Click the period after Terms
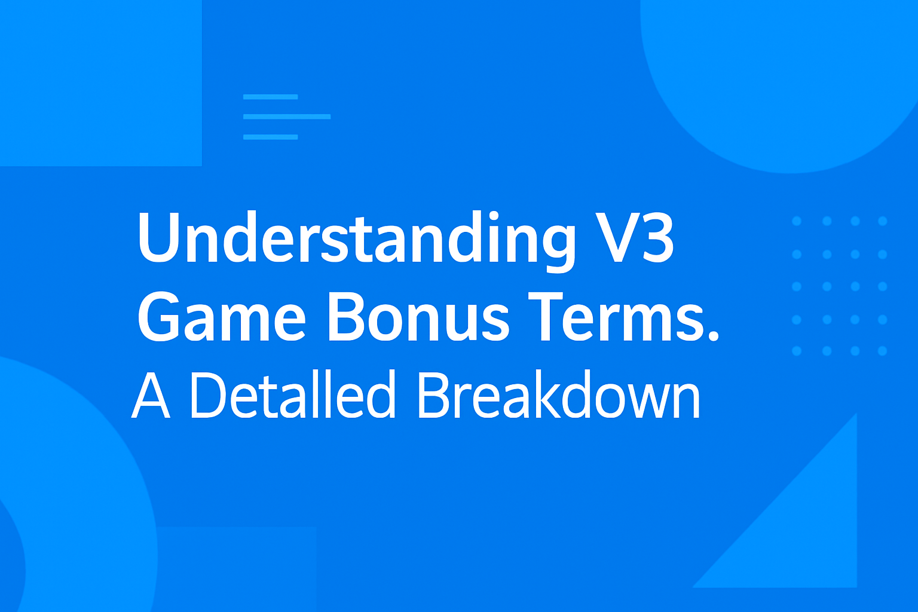[712, 334]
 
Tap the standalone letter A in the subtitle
[151, 396]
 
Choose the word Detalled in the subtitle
[292, 395]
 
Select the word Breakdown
[559, 395]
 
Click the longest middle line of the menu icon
[287, 117]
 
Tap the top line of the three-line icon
[270, 97]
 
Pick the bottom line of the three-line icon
[270, 137]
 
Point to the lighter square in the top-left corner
[100, 82]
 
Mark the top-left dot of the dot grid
[797, 221]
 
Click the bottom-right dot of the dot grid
[882, 351]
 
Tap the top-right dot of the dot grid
[882, 221]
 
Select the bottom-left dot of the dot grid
[797, 351]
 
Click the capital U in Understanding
[158, 237]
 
